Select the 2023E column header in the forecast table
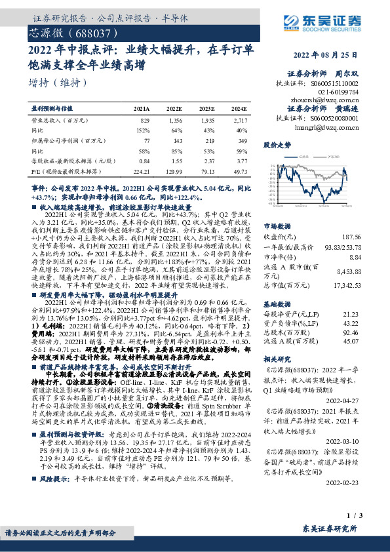tap(207, 108)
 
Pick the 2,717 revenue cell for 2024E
tap(240, 121)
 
